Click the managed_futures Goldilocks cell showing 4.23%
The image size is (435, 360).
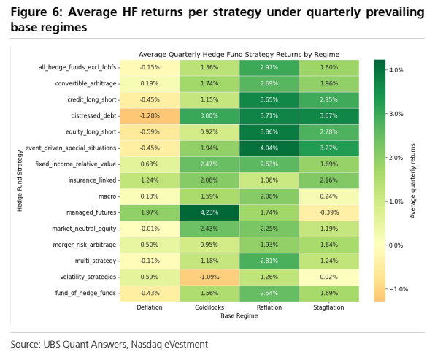point(209,213)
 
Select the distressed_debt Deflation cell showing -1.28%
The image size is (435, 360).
point(150,116)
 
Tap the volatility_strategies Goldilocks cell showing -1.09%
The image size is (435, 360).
point(209,277)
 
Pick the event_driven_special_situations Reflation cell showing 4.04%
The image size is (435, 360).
point(269,148)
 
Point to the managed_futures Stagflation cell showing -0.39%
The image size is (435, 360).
point(329,213)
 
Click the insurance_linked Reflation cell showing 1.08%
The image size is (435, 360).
point(269,180)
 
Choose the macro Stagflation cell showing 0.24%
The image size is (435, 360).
point(329,196)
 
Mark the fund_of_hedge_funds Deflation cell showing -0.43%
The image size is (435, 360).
point(150,294)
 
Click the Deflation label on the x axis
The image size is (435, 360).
point(150,307)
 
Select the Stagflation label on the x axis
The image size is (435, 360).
point(328,307)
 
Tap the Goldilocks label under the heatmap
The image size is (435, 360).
point(209,307)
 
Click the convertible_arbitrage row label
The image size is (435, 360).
point(85,83)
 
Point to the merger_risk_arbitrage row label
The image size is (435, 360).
point(85,245)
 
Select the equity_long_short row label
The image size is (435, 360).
point(91,132)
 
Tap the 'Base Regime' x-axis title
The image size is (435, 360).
point(239,316)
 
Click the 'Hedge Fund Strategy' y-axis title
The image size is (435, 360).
point(20,180)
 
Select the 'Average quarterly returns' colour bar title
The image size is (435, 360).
point(412,180)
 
